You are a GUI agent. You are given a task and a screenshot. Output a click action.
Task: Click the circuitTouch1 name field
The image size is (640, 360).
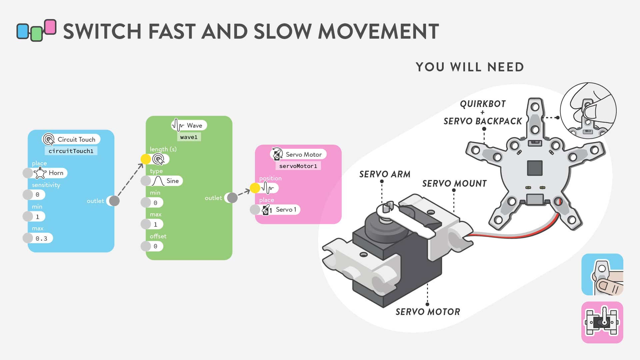(x=71, y=151)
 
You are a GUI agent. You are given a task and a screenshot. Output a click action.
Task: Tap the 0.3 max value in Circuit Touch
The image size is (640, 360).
(x=42, y=238)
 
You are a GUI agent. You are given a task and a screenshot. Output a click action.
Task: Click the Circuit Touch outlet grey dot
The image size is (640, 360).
(x=114, y=201)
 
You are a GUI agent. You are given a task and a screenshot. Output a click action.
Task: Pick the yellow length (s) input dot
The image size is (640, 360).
(x=146, y=159)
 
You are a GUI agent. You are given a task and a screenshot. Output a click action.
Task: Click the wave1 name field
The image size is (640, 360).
(x=189, y=137)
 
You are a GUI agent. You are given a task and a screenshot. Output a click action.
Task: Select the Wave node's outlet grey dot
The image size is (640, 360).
(x=232, y=198)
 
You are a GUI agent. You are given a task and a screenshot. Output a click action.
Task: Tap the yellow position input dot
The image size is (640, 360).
(x=255, y=188)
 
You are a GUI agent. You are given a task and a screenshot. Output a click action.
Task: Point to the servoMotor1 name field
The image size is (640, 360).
(x=298, y=166)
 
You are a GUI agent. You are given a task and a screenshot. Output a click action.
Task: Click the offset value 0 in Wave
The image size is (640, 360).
(x=155, y=246)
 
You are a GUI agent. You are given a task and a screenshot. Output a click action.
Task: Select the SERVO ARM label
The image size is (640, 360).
(x=385, y=174)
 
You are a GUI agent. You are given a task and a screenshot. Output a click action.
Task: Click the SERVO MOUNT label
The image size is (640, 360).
(x=454, y=184)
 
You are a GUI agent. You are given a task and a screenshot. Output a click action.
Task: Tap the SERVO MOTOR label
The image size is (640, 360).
(x=428, y=312)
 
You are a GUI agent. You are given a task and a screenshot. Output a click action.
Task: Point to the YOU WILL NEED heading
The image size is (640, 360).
(x=470, y=67)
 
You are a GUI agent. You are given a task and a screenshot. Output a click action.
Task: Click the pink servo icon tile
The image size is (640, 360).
(x=602, y=322)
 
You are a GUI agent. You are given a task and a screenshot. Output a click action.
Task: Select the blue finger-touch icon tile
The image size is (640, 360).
(x=602, y=274)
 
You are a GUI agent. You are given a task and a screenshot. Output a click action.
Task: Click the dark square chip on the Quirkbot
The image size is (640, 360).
(x=535, y=168)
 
